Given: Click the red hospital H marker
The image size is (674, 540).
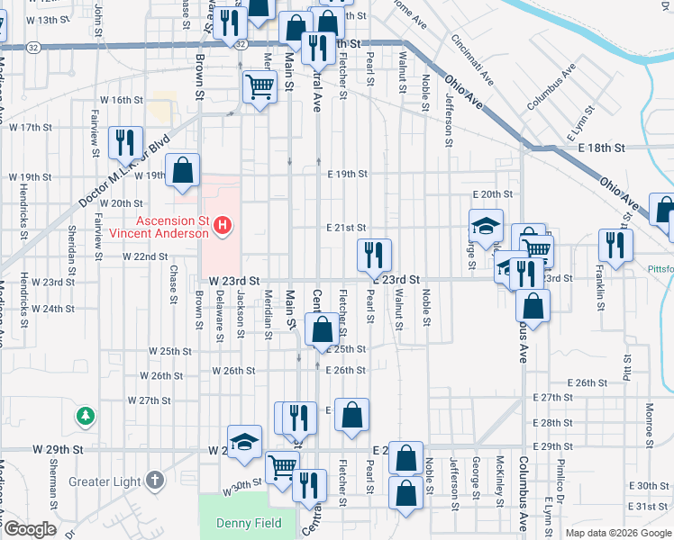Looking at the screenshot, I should tap(224, 226).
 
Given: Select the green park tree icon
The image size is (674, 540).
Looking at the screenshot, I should tap(86, 416).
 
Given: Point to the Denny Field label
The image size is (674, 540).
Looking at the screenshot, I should tap(249, 523).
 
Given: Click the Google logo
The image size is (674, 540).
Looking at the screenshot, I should tap(29, 529).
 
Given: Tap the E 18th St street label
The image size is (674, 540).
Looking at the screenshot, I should tap(602, 147).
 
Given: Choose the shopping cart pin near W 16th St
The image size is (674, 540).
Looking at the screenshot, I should tap(260, 87).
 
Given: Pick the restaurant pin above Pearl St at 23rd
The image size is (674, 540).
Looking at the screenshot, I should tap(374, 255).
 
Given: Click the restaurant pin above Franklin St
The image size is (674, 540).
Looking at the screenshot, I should tap(616, 244).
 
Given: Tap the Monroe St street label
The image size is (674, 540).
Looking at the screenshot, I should tap(649, 422).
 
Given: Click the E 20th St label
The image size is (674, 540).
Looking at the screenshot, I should tap(492, 194).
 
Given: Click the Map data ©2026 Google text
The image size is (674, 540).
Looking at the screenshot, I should tap(618, 533).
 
